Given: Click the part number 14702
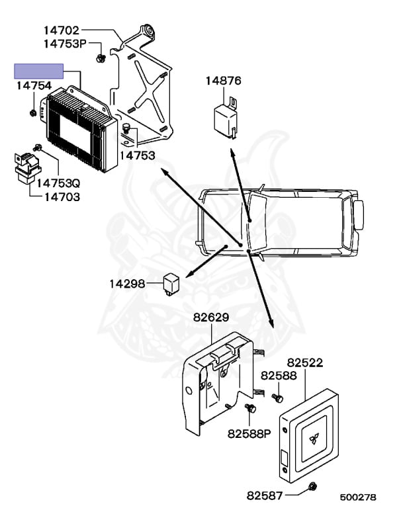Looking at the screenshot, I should (x=62, y=30).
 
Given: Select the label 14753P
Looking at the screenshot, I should (x=65, y=44).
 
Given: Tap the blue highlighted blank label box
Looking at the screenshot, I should (x=39, y=71).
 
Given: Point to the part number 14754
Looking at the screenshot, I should (x=34, y=86).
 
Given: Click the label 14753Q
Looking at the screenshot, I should (x=58, y=183).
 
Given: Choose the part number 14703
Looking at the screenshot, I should (x=54, y=197).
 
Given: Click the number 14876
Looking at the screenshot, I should (x=223, y=81).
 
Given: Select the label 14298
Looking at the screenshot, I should (x=127, y=284).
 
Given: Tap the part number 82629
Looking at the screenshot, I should (x=211, y=317).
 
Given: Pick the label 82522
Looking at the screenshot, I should (x=305, y=363).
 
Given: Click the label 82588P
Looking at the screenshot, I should (x=249, y=434).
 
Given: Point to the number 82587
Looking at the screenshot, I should (x=265, y=494).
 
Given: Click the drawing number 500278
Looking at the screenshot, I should (x=358, y=496).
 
